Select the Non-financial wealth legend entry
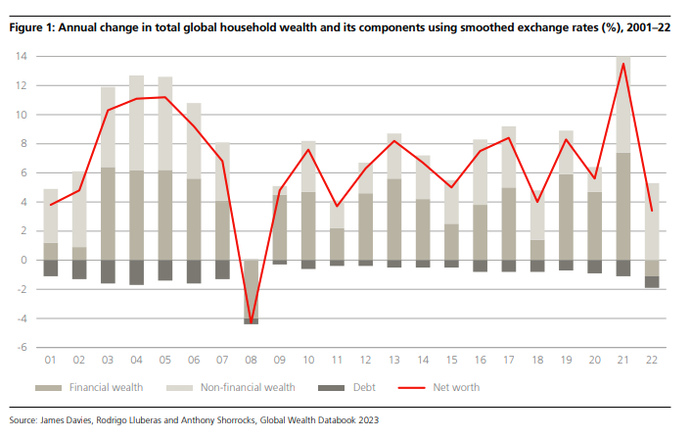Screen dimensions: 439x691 tap(245, 387)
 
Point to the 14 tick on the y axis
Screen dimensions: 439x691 tap(20, 57)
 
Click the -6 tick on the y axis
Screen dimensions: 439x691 tap(20, 348)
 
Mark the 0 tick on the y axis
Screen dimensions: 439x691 tap(22, 261)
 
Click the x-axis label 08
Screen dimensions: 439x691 tap(252, 361)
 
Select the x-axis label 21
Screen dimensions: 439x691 tap(622, 361)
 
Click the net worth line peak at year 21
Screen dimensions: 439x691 tap(623, 64)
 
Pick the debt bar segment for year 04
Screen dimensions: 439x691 tap(137, 272)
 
